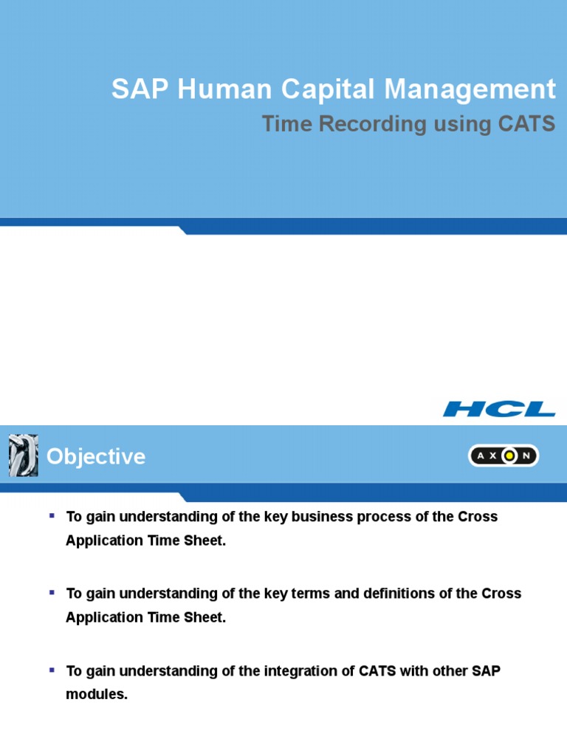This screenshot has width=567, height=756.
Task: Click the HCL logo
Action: point(499,408)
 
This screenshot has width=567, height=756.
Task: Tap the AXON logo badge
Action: point(504,456)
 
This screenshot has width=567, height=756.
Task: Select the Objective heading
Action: point(96,457)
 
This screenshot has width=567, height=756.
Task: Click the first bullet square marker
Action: point(52,515)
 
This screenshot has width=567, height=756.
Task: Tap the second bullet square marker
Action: point(52,592)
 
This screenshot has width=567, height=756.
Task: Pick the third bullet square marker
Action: point(52,670)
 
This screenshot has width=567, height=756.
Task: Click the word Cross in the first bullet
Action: point(478,517)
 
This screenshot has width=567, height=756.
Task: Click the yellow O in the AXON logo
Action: point(509,456)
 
